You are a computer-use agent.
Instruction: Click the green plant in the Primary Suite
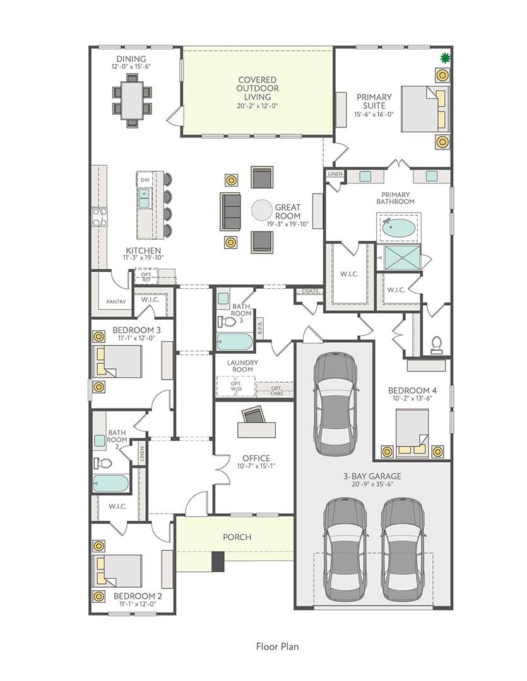click(445, 57)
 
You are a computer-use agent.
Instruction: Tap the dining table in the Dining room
click(132, 100)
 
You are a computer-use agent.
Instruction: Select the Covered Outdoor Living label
click(258, 88)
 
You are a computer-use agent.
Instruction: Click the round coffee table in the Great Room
click(263, 211)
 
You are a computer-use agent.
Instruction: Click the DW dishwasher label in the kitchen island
click(145, 180)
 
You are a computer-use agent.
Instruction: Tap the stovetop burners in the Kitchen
click(99, 217)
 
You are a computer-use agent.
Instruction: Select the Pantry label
click(116, 301)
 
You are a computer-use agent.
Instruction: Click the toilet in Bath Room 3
click(227, 322)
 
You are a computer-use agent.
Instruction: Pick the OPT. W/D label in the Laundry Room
click(236, 386)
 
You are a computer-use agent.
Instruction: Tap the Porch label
click(237, 537)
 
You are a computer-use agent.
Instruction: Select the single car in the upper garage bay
click(335, 402)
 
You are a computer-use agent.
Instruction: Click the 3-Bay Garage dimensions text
click(372, 484)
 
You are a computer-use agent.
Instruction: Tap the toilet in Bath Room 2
click(102, 463)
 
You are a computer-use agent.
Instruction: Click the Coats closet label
click(310, 291)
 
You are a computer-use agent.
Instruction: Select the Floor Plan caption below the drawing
click(278, 647)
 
